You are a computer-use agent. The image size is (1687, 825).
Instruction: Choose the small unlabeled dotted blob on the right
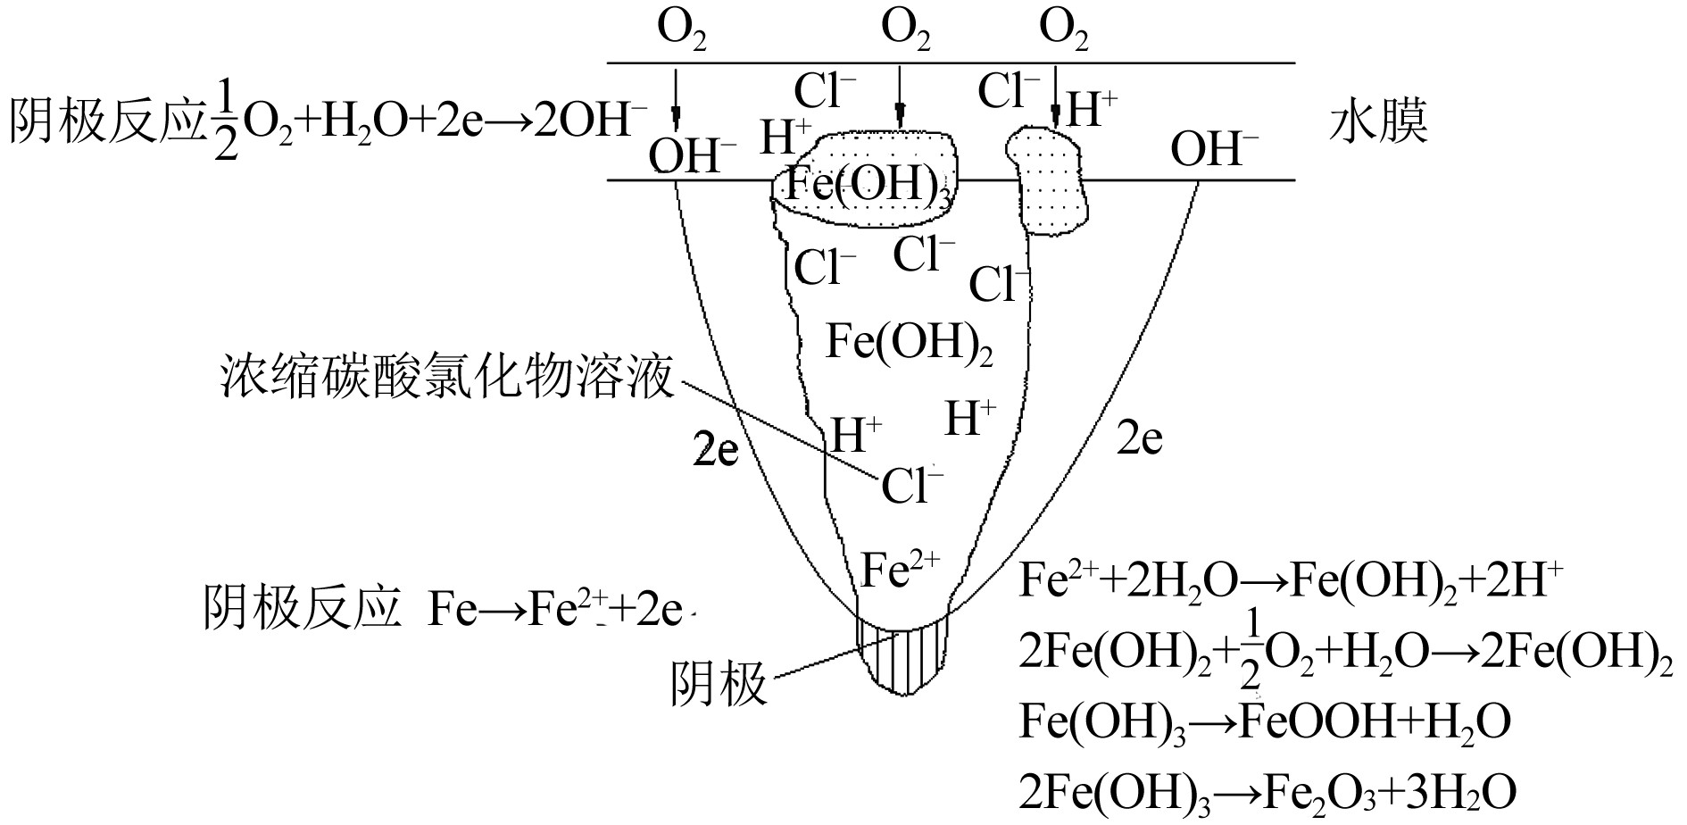pos(1051,183)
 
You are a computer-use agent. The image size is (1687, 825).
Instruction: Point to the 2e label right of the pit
pos(1140,438)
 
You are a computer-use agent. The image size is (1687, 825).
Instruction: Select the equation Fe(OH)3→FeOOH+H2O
pos(1264,721)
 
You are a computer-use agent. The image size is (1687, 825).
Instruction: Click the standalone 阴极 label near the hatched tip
pos(719,686)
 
